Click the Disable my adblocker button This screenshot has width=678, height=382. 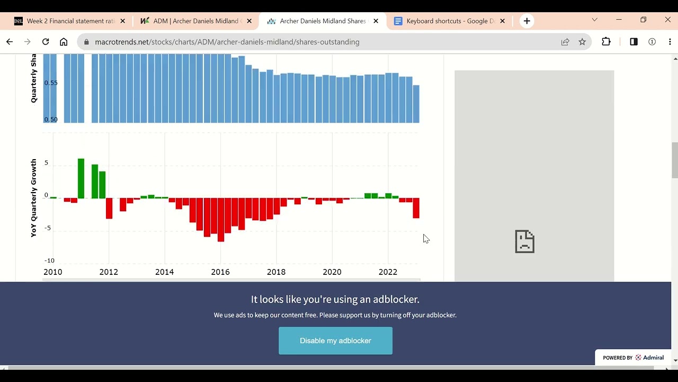[335, 341]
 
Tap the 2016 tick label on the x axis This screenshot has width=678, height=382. [220, 272]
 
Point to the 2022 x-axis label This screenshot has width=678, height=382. [388, 272]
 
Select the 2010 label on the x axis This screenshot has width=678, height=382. [52, 272]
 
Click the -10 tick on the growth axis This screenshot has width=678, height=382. [49, 261]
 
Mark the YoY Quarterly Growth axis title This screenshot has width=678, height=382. [33, 197]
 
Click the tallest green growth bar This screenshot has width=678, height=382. [81, 178]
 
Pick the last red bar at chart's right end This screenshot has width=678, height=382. [416, 208]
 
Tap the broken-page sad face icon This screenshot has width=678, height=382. [524, 241]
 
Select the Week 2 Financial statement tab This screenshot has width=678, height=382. [70, 21]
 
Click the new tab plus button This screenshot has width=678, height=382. [527, 21]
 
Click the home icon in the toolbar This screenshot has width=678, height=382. [64, 42]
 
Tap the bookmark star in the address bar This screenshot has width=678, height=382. [582, 42]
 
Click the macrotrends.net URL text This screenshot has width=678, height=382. [227, 42]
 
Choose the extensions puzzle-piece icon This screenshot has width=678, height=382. [606, 42]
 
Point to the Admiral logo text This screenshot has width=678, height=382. [653, 358]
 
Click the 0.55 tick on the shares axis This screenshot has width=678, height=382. [51, 83]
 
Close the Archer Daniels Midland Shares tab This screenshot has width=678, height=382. [376, 21]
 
